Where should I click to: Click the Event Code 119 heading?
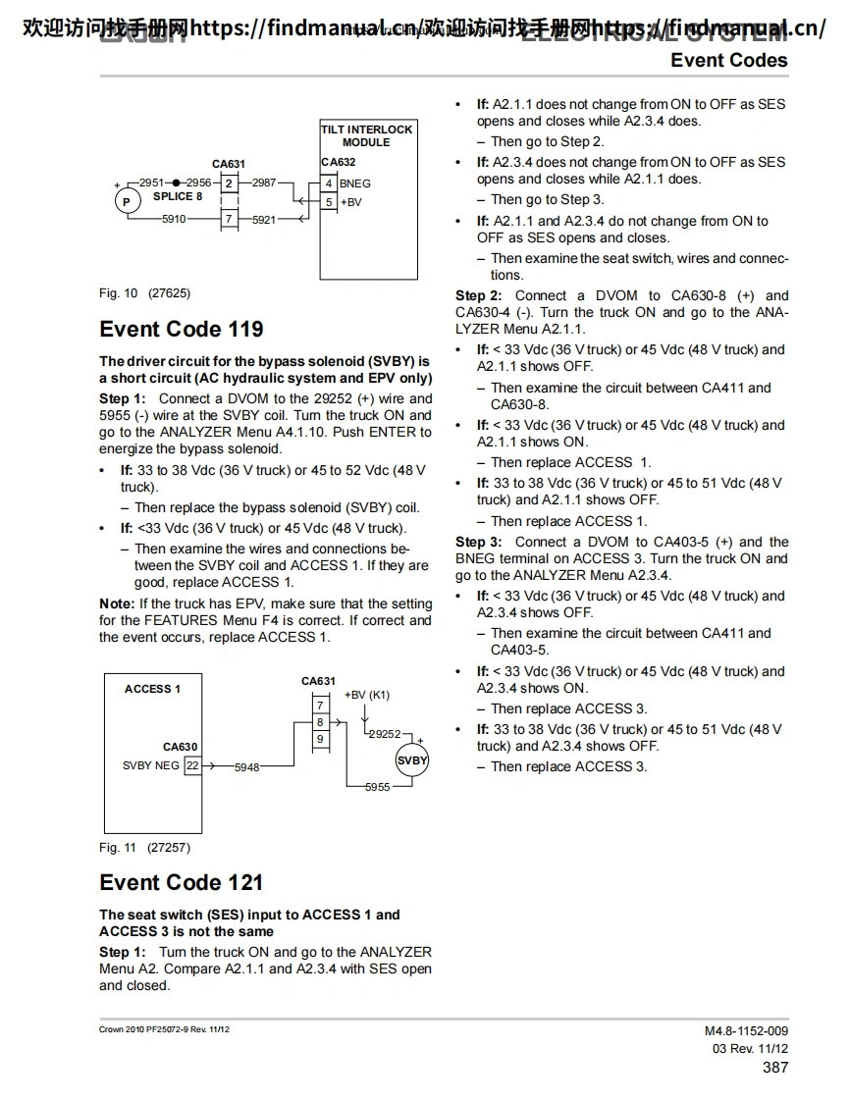tap(182, 329)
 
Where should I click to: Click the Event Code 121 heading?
tap(182, 882)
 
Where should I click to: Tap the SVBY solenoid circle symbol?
tap(412, 760)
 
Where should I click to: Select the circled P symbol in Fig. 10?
tap(125, 202)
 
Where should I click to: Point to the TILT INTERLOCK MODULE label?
tap(367, 135)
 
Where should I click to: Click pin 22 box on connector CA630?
tap(192, 765)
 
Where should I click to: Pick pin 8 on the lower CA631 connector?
tap(320, 722)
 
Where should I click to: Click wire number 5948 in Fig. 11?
tap(246, 767)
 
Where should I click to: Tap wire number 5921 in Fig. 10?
tap(264, 220)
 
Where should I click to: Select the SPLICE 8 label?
tap(178, 196)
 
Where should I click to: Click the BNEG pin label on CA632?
tap(355, 183)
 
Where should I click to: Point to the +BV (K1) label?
tap(367, 695)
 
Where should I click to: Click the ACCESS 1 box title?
tap(152, 689)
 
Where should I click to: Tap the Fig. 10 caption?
tap(144, 293)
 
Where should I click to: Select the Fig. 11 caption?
tap(144, 848)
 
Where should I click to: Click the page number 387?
tap(774, 1068)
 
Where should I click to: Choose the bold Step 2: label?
tap(479, 295)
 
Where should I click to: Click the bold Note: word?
tap(117, 603)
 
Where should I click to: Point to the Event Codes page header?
tap(728, 60)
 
